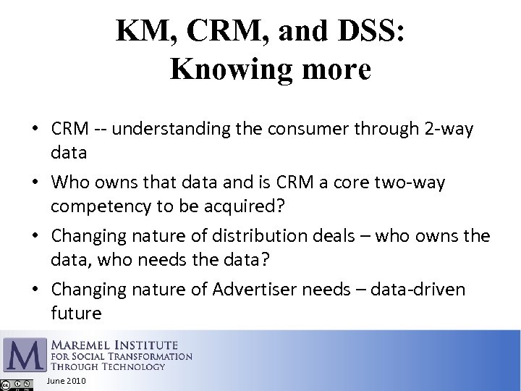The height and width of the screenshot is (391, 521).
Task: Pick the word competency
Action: (94, 206)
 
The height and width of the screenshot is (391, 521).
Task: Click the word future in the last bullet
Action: (76, 313)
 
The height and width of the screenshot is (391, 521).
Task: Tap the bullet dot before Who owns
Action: (35, 183)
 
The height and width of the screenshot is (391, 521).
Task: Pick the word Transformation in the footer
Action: (153, 356)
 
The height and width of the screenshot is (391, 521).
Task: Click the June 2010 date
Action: (66, 381)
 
